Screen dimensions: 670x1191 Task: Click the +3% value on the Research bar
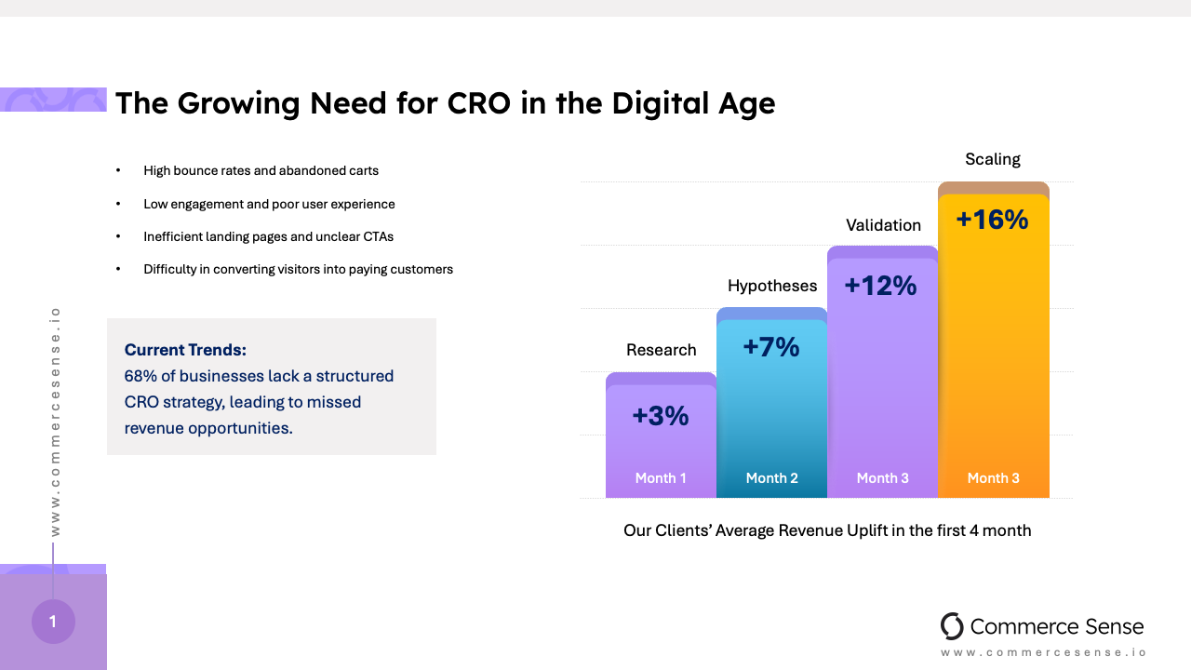[661, 416]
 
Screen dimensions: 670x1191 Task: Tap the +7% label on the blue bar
[771, 347]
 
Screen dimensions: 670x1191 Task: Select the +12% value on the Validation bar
[880, 286]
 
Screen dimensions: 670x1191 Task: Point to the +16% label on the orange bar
[992, 220]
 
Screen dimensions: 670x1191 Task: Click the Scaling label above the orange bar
[993, 159]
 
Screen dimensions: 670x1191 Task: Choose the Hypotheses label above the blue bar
[772, 286]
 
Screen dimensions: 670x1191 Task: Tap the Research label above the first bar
[662, 350]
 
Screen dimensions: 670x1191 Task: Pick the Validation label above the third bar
[883, 225]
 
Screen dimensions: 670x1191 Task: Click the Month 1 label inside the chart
[661, 477]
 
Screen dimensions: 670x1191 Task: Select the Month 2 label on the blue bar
[772, 477]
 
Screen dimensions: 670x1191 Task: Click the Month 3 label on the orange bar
[993, 477]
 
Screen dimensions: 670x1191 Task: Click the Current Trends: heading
[185, 350]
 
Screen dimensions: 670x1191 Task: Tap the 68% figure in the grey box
[140, 376]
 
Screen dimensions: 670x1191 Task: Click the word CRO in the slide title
[479, 102]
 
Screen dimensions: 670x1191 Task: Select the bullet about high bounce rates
[261, 171]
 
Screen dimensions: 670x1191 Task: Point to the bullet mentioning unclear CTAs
[268, 236]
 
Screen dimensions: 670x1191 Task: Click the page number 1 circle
[53, 622]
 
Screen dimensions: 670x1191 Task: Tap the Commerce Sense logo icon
[952, 626]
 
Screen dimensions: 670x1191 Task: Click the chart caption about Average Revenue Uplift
[827, 530]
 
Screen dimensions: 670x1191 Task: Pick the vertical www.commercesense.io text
[55, 421]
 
